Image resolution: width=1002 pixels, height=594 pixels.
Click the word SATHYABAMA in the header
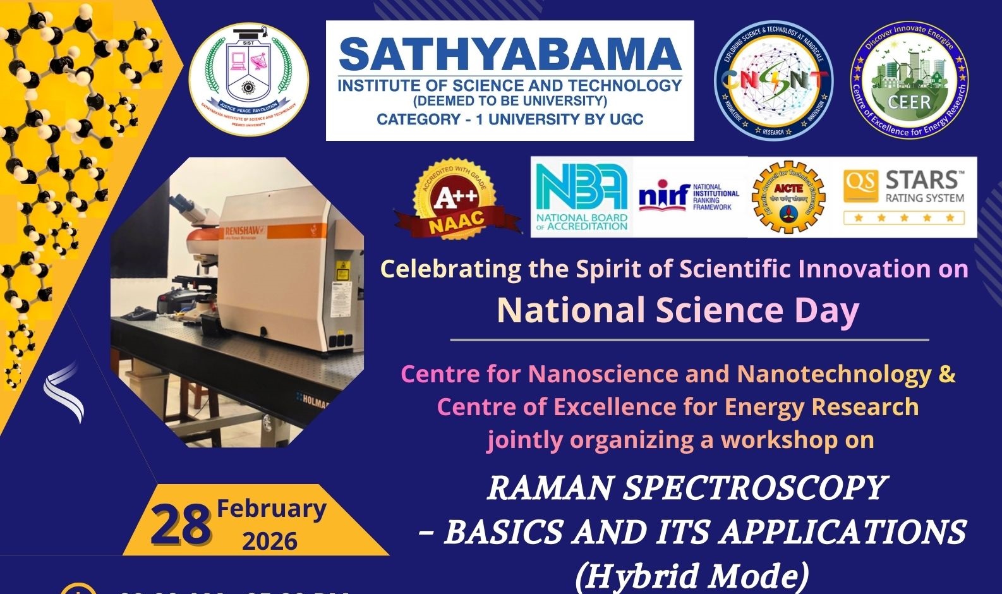510,55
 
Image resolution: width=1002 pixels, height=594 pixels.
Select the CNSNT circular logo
773,80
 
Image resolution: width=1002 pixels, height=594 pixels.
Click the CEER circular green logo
909,80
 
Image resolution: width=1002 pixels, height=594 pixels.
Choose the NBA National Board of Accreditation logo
581,196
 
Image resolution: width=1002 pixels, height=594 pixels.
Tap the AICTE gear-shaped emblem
788,197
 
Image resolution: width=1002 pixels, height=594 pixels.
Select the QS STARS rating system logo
904,197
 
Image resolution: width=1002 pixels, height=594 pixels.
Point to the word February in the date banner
272,509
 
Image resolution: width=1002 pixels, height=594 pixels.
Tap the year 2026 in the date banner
270,542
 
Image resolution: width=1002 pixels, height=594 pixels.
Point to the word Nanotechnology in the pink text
834,374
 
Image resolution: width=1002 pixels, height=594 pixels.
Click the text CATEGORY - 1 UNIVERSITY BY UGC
510,119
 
